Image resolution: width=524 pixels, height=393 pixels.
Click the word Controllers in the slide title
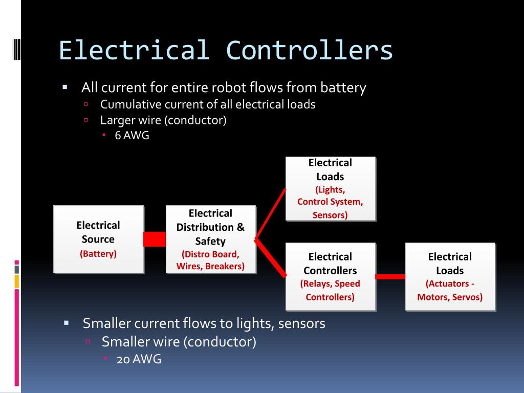tap(310, 50)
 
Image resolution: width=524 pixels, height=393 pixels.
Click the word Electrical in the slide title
tap(134, 50)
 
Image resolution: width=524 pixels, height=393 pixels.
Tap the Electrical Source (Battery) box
tap(98, 239)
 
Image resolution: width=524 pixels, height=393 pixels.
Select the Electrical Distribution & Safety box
tap(210, 239)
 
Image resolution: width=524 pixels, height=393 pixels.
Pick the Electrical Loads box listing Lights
tap(330, 188)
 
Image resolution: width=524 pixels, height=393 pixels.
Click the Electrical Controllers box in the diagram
tap(330, 276)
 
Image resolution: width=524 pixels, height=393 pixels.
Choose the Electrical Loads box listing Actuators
tap(450, 276)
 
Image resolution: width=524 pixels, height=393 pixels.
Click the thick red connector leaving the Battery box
tap(155, 239)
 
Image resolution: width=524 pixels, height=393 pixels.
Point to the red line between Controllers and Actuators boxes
tap(390, 277)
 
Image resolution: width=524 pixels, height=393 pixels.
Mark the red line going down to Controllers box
tap(270, 258)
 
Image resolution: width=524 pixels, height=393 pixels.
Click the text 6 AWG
tap(132, 136)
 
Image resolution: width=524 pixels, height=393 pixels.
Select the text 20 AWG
tap(139, 359)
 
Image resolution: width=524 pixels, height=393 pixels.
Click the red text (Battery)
tap(98, 253)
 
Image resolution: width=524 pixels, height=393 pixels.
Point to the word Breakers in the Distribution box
tap(224, 266)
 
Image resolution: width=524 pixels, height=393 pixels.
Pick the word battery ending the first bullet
tap(343, 88)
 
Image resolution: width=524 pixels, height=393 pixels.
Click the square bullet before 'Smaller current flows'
tap(67, 323)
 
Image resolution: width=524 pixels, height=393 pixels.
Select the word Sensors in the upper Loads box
tap(330, 215)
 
